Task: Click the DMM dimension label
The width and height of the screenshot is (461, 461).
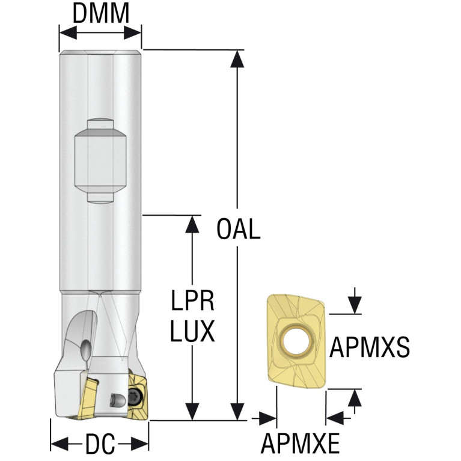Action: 100,13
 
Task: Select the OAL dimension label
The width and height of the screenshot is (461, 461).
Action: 238,229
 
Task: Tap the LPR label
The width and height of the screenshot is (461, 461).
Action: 192,301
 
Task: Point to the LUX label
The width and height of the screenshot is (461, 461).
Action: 192,331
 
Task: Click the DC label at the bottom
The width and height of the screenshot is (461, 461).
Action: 100,444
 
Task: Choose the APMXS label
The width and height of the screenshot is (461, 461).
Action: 370,347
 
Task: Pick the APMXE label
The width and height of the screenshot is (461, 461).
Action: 300,444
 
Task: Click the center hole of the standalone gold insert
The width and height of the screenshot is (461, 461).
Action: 296,341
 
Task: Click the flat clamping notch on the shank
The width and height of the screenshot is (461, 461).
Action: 100,160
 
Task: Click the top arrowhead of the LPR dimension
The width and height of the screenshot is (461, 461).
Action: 192,224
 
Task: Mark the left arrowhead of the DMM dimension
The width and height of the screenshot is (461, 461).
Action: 68,32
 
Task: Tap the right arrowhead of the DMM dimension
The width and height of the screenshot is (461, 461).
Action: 133,32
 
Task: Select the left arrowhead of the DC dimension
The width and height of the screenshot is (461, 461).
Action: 60,444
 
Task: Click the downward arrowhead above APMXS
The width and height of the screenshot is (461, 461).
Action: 355,305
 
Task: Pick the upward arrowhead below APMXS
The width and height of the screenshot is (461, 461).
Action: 355,398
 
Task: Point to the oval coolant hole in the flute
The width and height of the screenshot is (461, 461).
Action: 85,350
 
